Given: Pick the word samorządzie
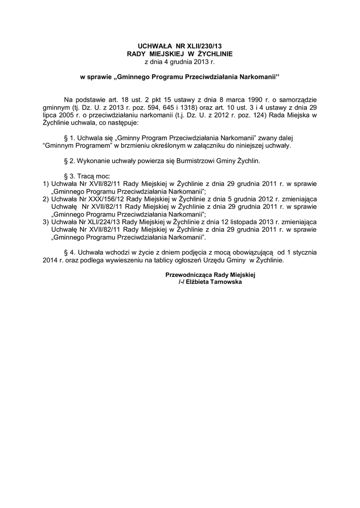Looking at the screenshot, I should (x=297, y=100).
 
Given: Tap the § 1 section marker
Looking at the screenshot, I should (x=70, y=138).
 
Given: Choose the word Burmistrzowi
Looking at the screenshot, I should (x=181, y=161).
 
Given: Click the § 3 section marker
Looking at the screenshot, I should (x=70, y=176).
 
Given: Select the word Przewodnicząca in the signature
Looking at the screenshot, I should (x=189, y=274).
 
